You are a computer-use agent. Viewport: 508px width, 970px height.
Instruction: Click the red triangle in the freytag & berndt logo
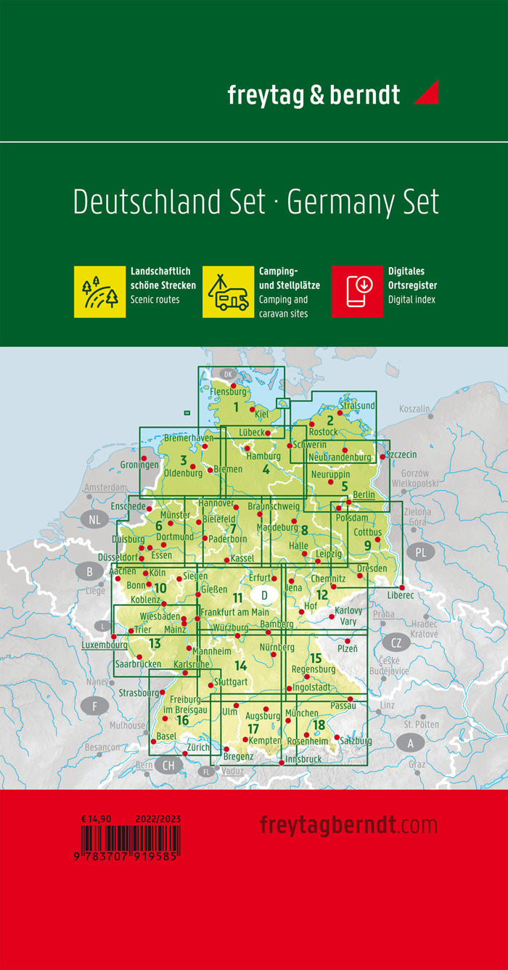click(430, 93)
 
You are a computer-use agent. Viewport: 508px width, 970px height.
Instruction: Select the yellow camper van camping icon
click(229, 292)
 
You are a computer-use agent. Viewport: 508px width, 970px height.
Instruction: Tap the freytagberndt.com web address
click(348, 825)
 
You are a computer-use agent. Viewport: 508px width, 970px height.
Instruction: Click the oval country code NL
click(94, 520)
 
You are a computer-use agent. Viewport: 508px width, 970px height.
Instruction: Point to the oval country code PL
click(420, 553)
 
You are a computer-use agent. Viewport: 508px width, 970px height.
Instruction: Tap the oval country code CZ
click(396, 642)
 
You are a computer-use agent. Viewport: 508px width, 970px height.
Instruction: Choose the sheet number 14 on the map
click(240, 665)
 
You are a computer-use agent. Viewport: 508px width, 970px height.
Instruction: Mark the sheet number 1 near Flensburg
click(236, 407)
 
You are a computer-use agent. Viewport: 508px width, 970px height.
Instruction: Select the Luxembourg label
click(105, 644)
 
